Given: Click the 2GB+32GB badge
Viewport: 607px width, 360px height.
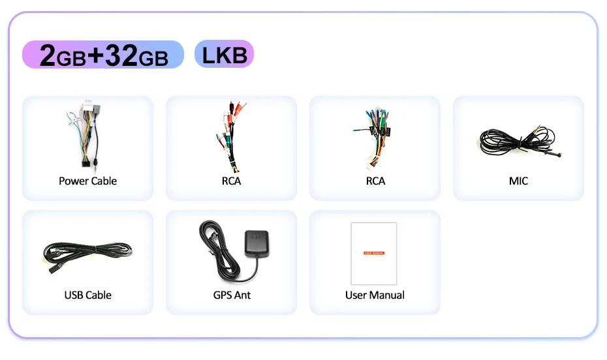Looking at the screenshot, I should [x=103, y=55].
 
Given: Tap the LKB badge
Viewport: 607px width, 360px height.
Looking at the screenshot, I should [x=224, y=54].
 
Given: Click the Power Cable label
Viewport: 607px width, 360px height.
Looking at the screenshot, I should [x=87, y=181].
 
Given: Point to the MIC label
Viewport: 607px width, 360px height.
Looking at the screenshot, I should [x=518, y=181].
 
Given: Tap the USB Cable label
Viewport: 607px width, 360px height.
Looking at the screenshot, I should [x=87, y=295].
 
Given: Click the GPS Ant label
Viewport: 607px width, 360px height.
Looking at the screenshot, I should [x=232, y=295].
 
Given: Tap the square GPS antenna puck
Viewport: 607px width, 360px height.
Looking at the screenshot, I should [x=255, y=245].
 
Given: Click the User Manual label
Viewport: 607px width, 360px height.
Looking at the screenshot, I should [x=375, y=295].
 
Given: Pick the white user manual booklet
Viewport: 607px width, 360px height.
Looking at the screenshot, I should [x=374, y=253].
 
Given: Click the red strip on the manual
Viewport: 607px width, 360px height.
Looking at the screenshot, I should [x=374, y=252].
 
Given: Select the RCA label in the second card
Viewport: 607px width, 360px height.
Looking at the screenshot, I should [x=231, y=181].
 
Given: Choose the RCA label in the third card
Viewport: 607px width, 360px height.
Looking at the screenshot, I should [x=375, y=181].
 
